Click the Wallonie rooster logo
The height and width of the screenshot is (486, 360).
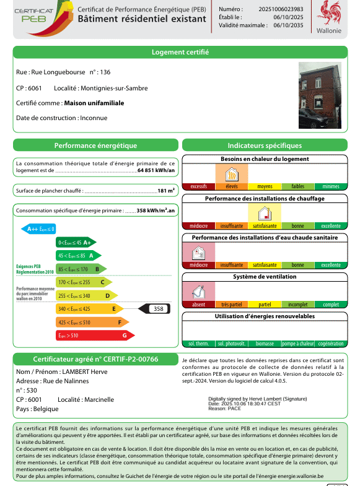[x=328, y=13]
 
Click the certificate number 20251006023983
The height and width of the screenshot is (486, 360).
[x=281, y=9]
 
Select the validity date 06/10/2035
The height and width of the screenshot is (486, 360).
[x=288, y=25]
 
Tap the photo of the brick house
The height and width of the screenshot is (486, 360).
[x=320, y=95]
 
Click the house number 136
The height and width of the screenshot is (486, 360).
[x=105, y=72]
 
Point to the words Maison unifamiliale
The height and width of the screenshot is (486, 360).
[x=94, y=103]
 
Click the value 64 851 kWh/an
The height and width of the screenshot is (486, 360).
[x=156, y=170]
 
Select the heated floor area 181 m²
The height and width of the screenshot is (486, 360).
[x=166, y=191]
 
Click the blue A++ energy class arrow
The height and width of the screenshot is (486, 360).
[x=38, y=229]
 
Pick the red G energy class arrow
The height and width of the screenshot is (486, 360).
[x=95, y=336]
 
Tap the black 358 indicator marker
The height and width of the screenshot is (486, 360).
[x=154, y=309]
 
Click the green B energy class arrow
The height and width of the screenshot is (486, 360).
[x=81, y=269]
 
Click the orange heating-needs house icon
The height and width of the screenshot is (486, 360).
[x=232, y=174]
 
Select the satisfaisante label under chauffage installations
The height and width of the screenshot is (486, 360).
[x=265, y=226]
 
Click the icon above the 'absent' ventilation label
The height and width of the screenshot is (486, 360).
[x=198, y=292]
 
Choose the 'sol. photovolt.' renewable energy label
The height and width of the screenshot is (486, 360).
[x=232, y=344]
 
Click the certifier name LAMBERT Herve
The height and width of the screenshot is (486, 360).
[x=85, y=371]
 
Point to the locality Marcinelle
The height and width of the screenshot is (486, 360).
[x=99, y=399]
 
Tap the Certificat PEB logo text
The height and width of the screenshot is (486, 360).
[x=34, y=15]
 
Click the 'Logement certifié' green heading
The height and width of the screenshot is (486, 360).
[x=180, y=52]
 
